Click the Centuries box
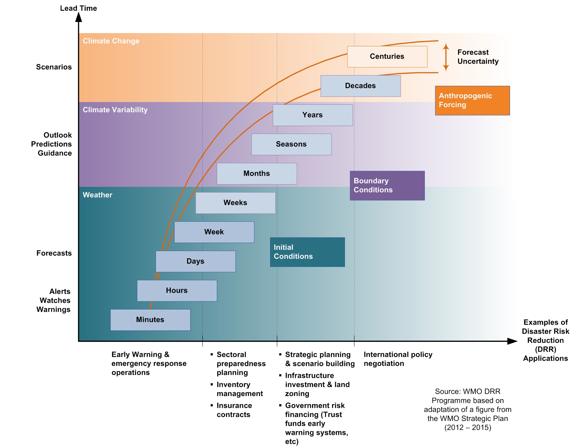click(x=387, y=56)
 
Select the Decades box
click(x=360, y=86)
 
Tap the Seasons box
click(x=291, y=144)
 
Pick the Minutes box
click(x=150, y=320)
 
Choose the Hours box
click(x=177, y=291)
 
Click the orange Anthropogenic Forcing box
click(x=472, y=100)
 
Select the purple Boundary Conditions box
click(x=387, y=185)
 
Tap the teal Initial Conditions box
click(x=307, y=252)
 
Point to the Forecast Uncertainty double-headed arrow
click(x=446, y=57)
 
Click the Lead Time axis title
click(x=78, y=8)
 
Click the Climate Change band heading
click(x=111, y=41)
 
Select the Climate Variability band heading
click(x=115, y=110)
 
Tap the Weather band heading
click(x=97, y=195)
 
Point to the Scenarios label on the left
click(x=54, y=67)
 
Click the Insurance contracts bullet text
click(x=234, y=410)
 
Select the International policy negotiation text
click(x=398, y=359)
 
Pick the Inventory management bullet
click(x=239, y=389)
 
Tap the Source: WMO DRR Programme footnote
click(x=467, y=409)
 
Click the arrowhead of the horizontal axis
click(x=512, y=341)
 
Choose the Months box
click(x=257, y=174)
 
